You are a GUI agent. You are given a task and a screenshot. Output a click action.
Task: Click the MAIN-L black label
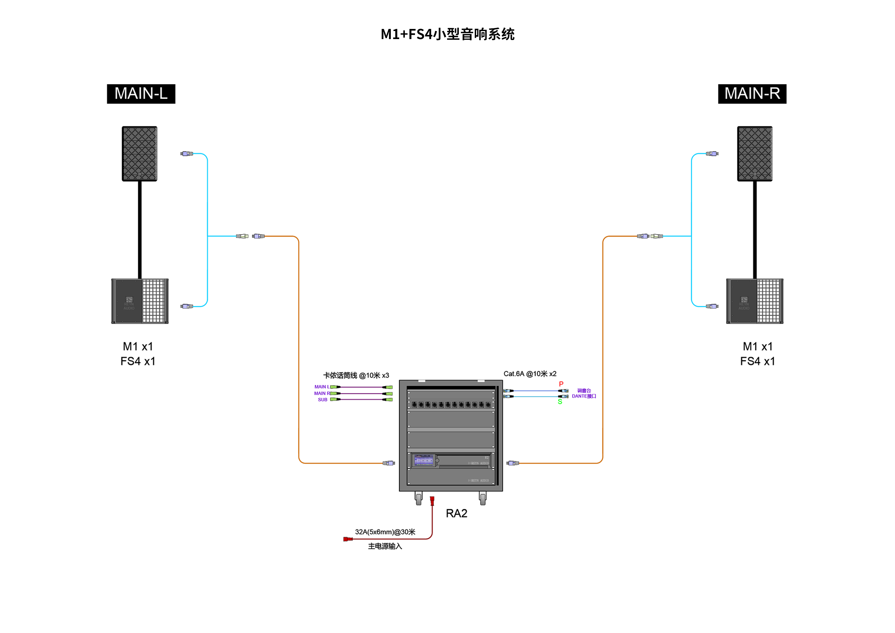coord(141,94)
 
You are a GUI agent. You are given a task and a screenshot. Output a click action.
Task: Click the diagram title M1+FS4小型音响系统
coord(447,34)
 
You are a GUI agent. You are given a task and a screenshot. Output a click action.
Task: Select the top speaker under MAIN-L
coord(140,154)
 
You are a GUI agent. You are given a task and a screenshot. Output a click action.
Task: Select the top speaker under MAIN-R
coord(755,154)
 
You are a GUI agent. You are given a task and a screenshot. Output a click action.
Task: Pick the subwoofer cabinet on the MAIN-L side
coord(140,301)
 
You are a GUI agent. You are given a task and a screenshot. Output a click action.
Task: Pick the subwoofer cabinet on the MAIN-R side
coord(755,301)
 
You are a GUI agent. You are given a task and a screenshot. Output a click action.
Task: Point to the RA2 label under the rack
coord(456,513)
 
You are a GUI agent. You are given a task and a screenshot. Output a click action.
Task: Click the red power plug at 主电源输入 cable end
coord(347,539)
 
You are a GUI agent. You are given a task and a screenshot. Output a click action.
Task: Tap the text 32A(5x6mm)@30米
coord(385,532)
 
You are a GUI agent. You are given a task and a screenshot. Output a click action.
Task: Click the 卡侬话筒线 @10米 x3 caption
coord(356,375)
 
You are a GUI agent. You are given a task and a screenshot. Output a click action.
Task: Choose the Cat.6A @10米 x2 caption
coord(530,374)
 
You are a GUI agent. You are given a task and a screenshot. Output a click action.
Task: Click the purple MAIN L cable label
coord(322,387)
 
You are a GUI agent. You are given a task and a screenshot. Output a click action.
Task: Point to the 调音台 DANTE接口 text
coord(584,393)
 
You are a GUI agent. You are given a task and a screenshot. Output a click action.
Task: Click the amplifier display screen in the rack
coord(424,461)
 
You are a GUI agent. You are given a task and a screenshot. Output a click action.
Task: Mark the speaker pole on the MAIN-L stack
coord(140,230)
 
